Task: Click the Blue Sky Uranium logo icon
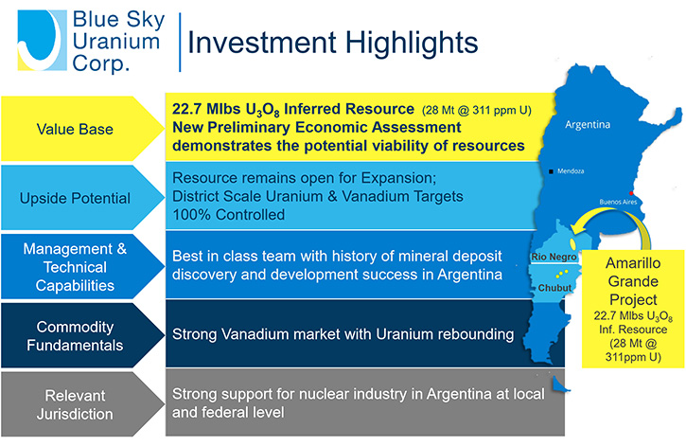point(42,41)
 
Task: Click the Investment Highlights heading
point(332,43)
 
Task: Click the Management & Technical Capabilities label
point(75,267)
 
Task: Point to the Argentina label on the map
point(588,124)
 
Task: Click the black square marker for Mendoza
point(551,171)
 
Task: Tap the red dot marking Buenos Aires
point(631,193)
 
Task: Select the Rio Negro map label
point(554,257)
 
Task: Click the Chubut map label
point(554,288)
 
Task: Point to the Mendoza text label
point(571,171)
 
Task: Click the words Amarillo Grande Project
point(633,281)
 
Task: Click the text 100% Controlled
point(228,214)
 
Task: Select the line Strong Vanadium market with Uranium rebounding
point(343,334)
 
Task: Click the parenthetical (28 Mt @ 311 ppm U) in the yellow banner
point(477,110)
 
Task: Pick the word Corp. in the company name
point(101,63)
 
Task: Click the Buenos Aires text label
point(618,202)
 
